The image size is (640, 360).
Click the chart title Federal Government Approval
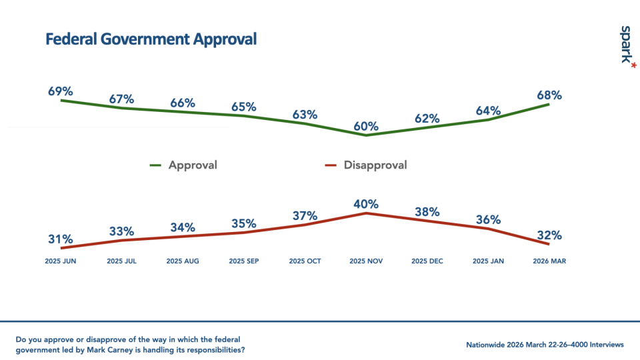(151, 39)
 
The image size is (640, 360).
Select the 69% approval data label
(60, 91)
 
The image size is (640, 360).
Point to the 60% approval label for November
(366, 126)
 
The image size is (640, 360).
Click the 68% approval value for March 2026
(549, 95)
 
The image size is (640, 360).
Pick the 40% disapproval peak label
(366, 204)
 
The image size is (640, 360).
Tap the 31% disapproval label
(60, 239)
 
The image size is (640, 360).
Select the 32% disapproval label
(549, 235)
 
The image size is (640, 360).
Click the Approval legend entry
(193, 165)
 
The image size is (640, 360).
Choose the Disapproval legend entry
(375, 165)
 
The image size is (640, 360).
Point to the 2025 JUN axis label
(60, 261)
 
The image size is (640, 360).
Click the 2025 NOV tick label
(366, 261)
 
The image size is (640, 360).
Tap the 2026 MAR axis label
(549, 261)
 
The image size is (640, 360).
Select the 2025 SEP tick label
(243, 261)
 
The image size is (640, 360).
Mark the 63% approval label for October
(305, 114)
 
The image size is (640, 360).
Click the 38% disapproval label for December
(427, 211)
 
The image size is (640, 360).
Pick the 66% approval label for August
(182, 103)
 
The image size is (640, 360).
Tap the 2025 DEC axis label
(427, 261)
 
